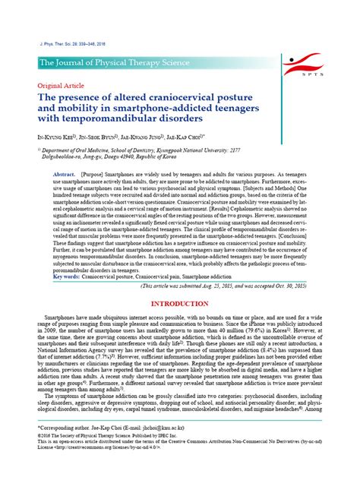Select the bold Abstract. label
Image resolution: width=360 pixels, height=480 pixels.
point(64,175)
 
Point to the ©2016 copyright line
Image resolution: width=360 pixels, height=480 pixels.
point(106,457)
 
